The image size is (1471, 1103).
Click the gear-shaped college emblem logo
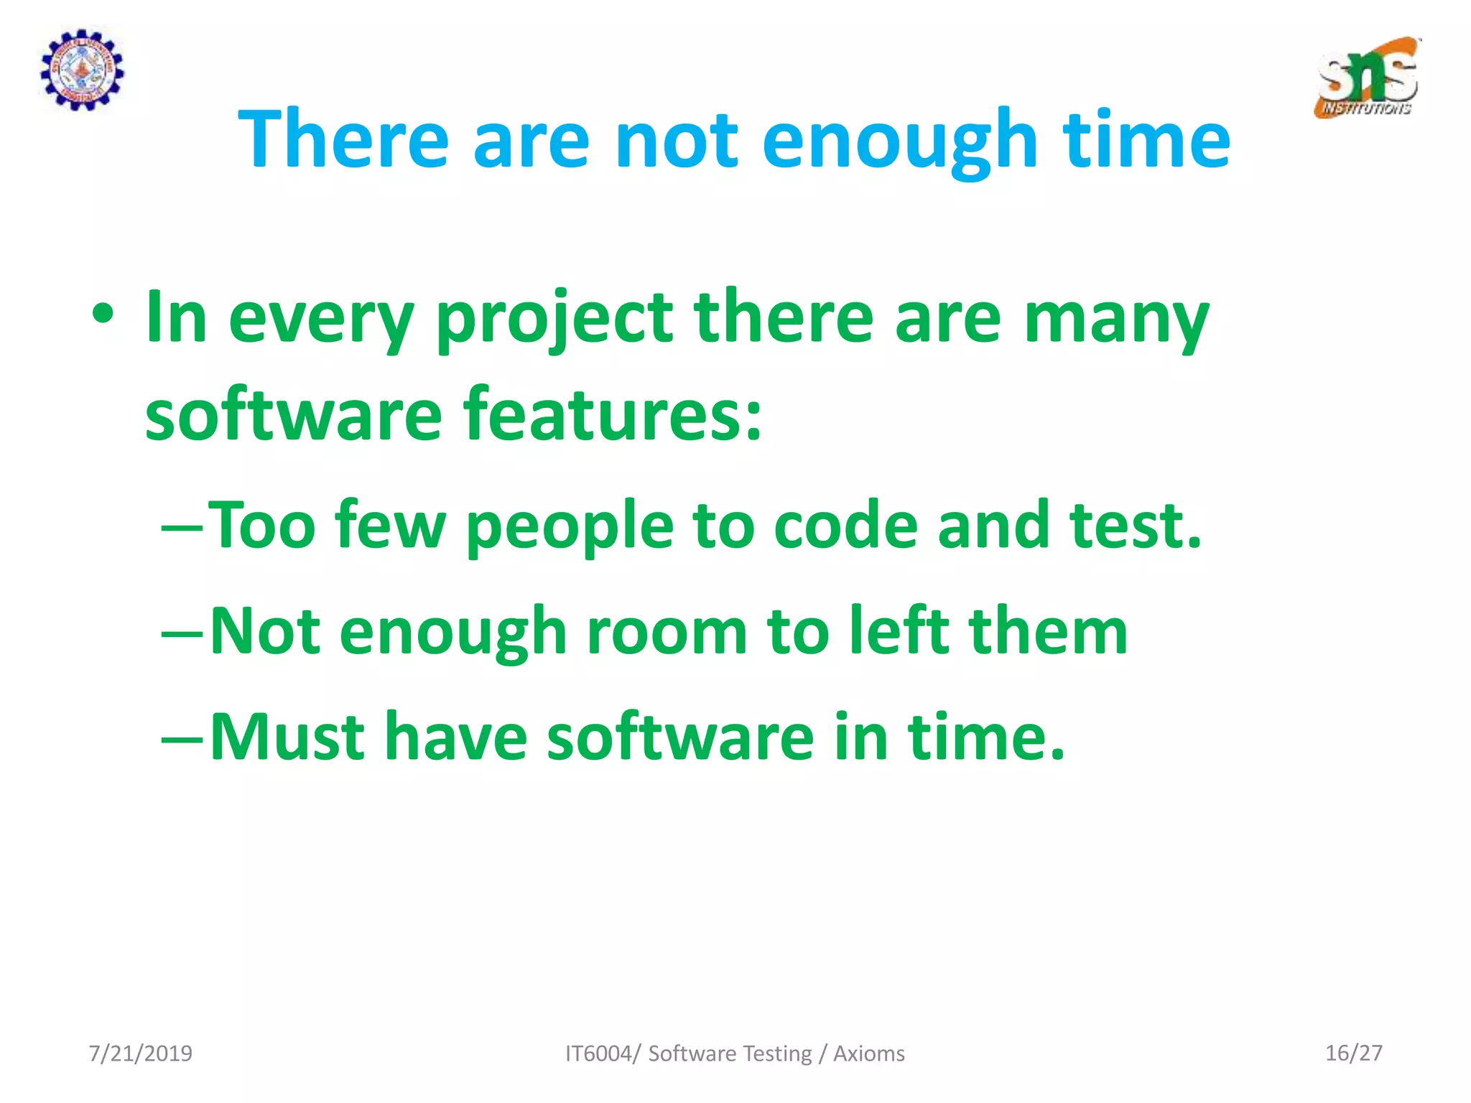tap(81, 70)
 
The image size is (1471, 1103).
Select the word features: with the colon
tap(612, 415)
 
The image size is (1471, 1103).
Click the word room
tap(667, 631)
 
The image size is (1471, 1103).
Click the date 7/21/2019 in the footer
tap(140, 1053)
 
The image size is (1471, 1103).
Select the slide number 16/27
tap(1353, 1053)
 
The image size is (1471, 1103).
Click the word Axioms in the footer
tap(868, 1053)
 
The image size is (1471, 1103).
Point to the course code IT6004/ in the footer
tap(603, 1053)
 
